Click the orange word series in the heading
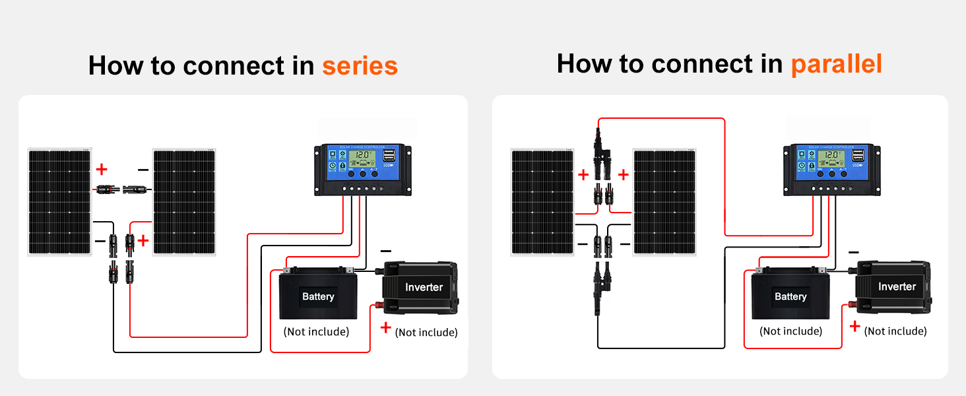(x=360, y=66)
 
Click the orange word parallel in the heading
(x=836, y=64)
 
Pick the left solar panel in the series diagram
(x=59, y=202)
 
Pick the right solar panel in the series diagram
(x=184, y=202)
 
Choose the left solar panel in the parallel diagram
(x=542, y=202)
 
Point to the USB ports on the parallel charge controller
(x=858, y=156)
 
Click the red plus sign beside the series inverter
(x=386, y=327)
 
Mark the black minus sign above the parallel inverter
(x=853, y=252)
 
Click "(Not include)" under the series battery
(x=316, y=331)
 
